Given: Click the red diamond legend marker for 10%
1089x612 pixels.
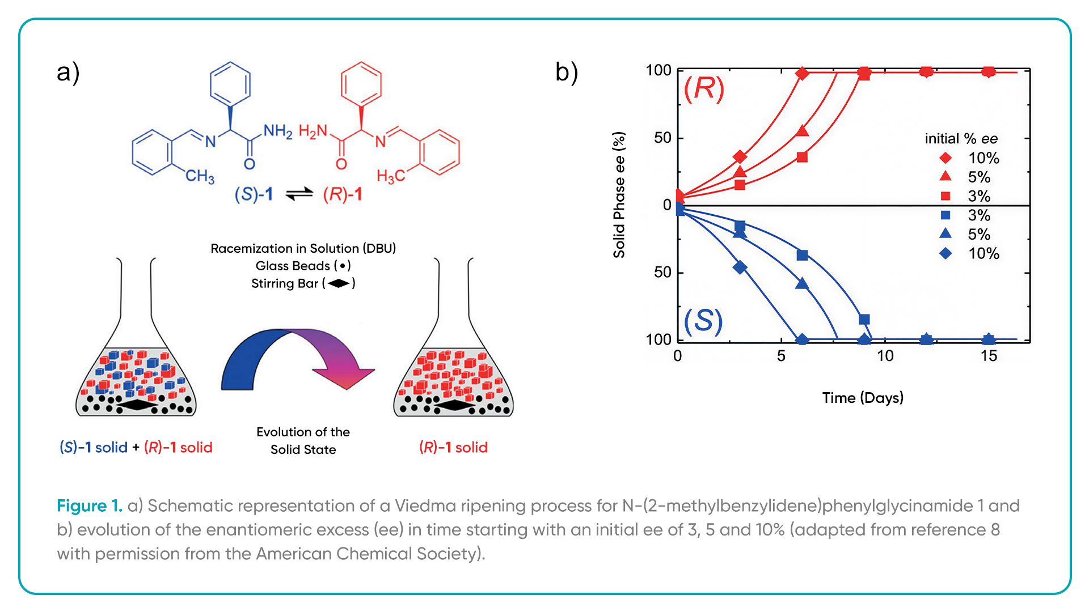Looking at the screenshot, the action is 946,158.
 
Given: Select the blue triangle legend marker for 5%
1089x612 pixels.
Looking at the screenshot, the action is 946,233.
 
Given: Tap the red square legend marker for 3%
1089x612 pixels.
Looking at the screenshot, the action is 946,196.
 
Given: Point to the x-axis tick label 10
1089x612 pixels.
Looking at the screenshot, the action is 885,356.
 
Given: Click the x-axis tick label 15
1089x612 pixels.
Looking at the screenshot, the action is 989,356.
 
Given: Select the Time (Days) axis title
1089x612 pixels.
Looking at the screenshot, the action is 863,398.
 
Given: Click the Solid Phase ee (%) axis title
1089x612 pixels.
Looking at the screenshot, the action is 619,195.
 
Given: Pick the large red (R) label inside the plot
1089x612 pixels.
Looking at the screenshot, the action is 704,89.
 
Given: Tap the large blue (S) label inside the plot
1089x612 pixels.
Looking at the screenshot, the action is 703,321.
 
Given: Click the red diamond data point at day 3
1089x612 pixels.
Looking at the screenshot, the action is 740,157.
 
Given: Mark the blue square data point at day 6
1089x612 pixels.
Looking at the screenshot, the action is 802,256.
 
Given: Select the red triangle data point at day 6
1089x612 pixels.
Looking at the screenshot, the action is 802,131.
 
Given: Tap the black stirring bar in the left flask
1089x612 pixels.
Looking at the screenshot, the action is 136,405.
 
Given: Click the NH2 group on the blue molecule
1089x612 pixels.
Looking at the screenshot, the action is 278,131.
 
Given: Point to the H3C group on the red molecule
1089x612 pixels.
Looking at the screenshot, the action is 391,176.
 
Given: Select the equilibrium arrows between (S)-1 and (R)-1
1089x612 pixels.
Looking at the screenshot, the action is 299,194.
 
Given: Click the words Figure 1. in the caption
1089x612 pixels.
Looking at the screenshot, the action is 90,505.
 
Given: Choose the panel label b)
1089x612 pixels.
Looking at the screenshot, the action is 567,73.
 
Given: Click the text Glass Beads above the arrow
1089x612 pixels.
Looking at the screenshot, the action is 293,266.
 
